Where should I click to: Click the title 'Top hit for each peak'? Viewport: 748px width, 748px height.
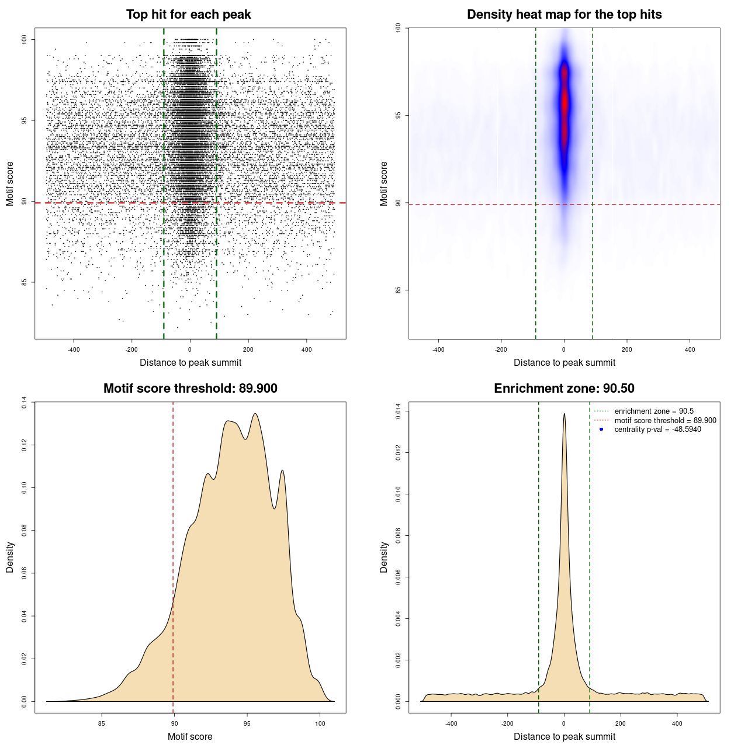point(189,15)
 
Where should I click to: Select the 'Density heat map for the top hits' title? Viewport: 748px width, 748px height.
point(564,15)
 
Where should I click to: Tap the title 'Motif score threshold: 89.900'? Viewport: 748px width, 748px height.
point(190,389)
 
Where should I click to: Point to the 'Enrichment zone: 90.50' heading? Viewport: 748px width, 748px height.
point(564,389)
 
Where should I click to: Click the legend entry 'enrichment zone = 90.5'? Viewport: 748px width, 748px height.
point(653,411)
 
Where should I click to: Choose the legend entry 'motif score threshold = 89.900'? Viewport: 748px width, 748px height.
point(665,420)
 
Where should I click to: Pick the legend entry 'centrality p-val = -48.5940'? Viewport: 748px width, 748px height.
point(657,430)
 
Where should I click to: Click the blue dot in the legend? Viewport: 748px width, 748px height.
point(601,430)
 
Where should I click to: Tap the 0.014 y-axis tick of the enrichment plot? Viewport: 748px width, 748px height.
point(398,411)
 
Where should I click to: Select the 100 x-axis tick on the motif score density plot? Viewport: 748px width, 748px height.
point(320,723)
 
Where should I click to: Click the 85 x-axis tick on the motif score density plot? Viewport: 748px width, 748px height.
point(102,723)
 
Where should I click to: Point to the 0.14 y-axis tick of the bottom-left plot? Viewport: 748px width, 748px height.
point(24,402)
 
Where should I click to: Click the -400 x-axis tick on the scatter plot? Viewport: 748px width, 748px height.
point(74,349)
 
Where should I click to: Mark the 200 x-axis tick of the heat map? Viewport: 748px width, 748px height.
point(627,349)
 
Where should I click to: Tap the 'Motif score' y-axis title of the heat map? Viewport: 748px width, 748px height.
point(384,183)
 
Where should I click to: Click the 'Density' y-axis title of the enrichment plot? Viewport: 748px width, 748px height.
point(384,557)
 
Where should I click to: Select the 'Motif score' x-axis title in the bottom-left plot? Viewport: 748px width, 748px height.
point(190,736)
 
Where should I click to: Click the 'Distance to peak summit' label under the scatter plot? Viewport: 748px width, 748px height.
point(191,362)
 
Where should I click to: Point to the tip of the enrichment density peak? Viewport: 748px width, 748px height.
point(564,414)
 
